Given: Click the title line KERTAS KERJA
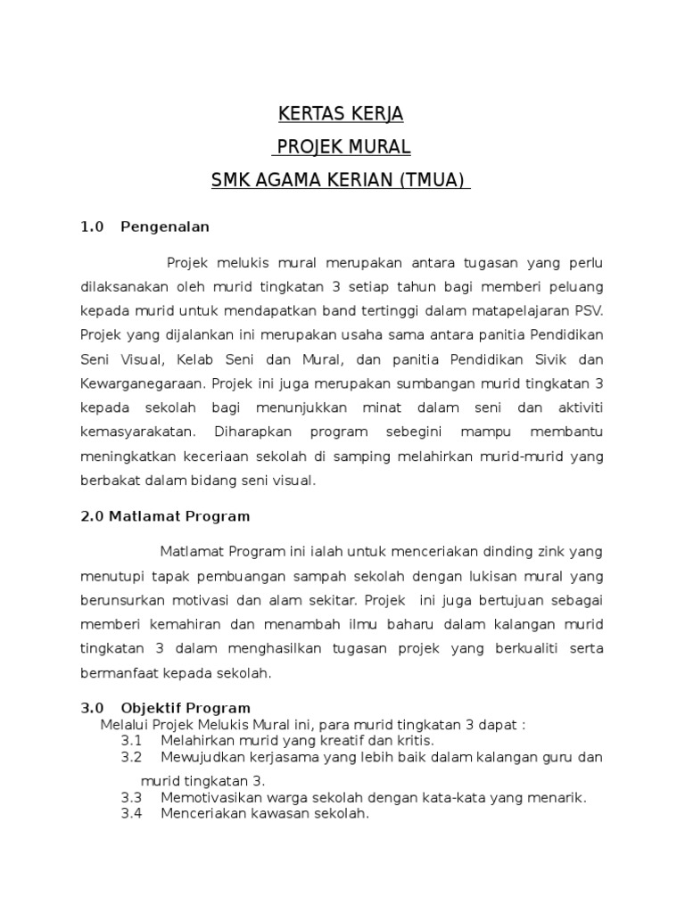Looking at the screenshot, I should point(342,114).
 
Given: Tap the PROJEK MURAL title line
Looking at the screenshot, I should point(342,147).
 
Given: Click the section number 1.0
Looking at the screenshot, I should point(93,226).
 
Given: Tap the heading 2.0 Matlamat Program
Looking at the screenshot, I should point(165,516).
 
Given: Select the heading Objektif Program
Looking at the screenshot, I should point(186,709).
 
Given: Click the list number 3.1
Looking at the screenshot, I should point(132,741).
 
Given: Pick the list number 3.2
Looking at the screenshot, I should point(132,757).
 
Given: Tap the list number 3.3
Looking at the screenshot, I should point(132,798).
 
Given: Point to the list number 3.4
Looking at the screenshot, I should point(132,814).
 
